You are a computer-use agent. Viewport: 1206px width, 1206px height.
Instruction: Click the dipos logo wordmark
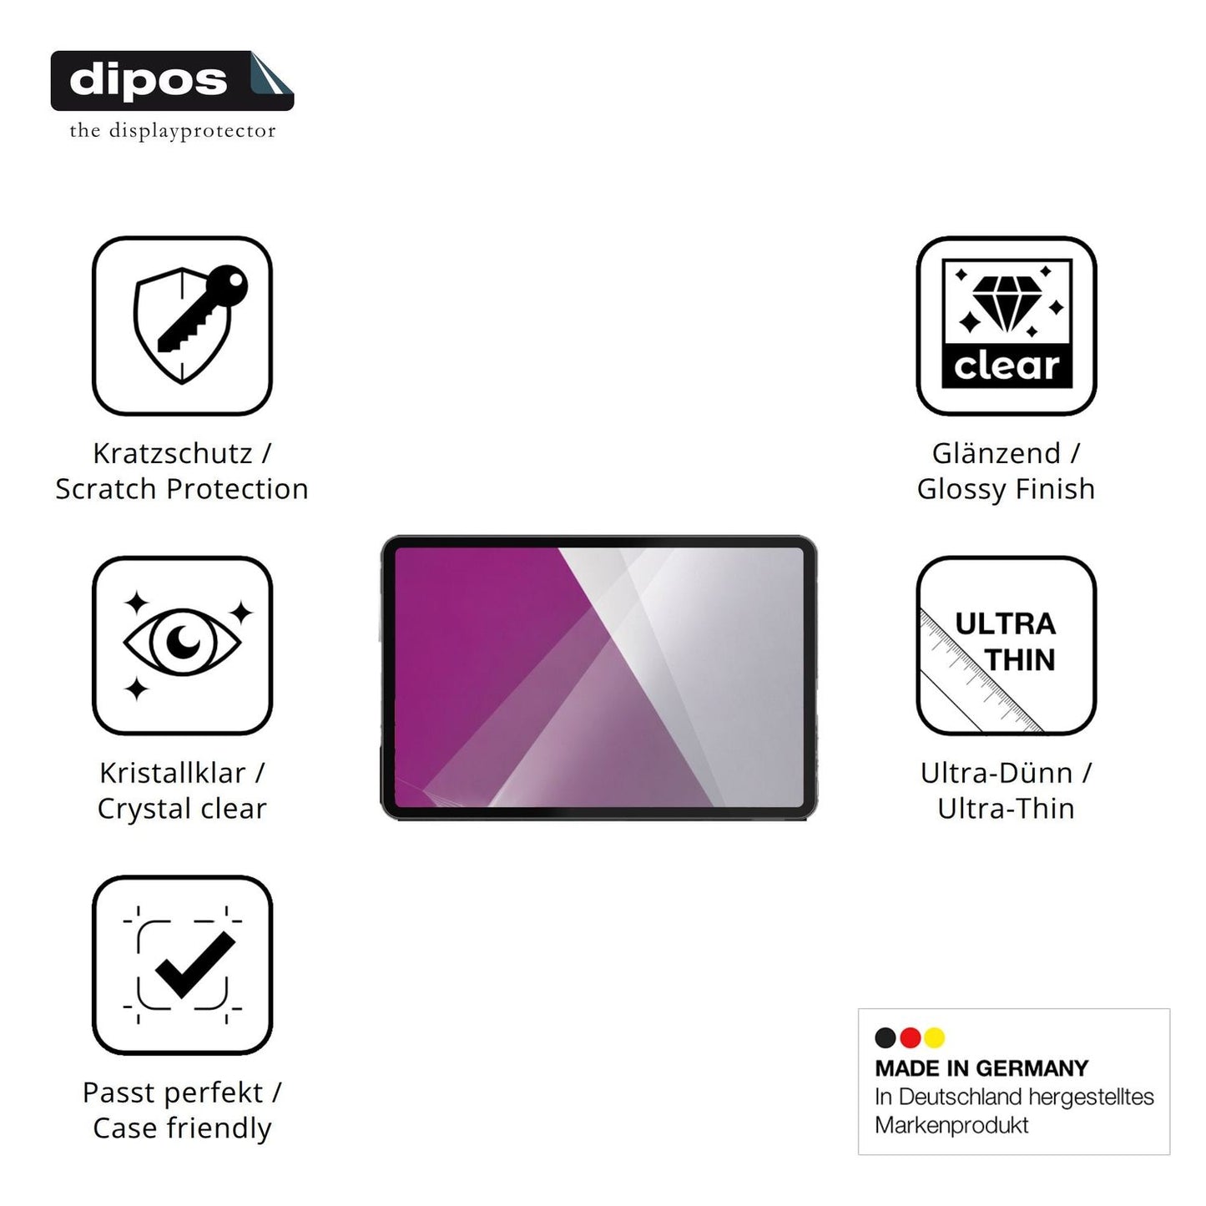149,81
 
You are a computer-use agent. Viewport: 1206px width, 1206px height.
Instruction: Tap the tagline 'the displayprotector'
173,131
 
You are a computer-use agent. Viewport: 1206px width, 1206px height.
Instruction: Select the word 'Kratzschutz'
173,453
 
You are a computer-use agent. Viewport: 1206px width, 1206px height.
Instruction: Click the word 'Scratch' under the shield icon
106,489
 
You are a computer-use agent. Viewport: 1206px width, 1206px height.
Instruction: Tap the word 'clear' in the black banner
1007,366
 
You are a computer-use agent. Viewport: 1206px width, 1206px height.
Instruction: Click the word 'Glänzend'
997,453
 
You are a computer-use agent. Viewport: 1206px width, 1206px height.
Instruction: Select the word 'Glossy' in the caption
961,490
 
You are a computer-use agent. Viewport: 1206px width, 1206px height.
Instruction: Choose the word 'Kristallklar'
173,773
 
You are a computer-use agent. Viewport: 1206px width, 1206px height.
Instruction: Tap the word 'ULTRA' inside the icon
1005,624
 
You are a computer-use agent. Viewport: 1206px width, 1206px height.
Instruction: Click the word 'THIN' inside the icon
1020,659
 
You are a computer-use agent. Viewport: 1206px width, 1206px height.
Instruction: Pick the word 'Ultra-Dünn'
997,773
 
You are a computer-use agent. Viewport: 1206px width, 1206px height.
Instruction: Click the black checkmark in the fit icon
195,965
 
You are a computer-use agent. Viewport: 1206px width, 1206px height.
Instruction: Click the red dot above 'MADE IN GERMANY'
910,1037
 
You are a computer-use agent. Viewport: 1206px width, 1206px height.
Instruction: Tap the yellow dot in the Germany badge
935,1037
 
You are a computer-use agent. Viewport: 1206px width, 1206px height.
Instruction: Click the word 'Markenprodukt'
951,1126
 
